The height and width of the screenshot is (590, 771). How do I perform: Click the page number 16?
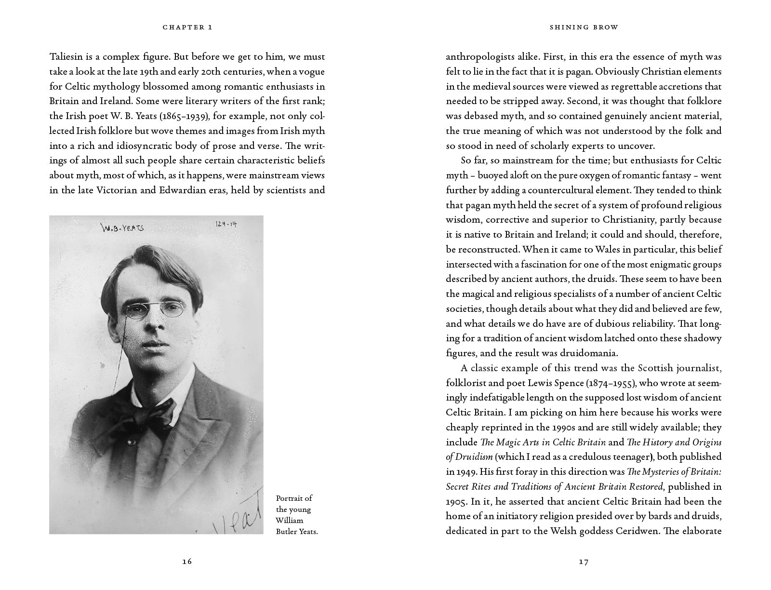(x=187, y=561)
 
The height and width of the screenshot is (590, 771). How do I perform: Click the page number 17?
(x=584, y=561)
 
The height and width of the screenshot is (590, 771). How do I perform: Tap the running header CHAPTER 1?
(x=187, y=27)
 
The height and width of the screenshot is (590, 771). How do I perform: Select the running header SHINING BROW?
(x=584, y=27)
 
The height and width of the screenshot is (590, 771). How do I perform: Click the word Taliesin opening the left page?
(x=66, y=56)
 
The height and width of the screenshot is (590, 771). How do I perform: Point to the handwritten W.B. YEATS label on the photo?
(x=122, y=227)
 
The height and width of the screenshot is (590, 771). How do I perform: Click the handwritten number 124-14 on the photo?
(x=226, y=224)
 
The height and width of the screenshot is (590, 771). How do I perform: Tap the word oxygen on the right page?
(x=572, y=175)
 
